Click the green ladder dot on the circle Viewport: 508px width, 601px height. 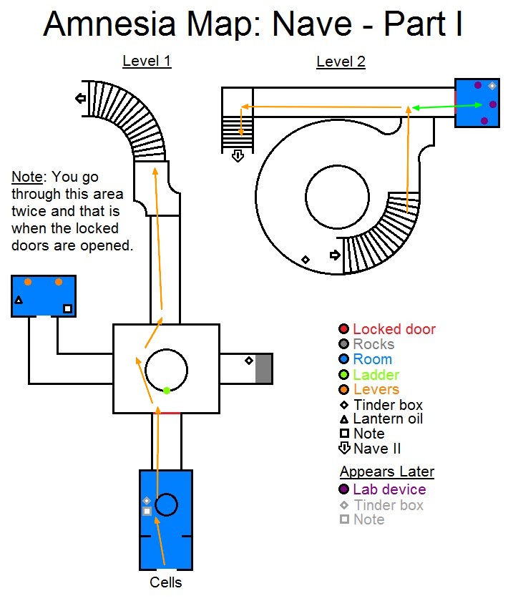point(167,390)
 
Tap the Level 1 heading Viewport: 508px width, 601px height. point(147,62)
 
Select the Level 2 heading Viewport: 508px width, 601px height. point(341,62)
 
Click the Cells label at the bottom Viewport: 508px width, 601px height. point(166,582)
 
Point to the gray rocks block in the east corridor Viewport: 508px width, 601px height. point(264,368)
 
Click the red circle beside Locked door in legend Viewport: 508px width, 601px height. point(344,330)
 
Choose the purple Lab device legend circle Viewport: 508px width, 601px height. point(344,489)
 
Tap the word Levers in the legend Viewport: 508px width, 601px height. point(376,389)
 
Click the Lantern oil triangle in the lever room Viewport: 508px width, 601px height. point(19,300)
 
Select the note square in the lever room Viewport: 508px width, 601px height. point(67,308)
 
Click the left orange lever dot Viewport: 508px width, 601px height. point(28,282)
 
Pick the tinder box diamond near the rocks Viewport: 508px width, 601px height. point(248,361)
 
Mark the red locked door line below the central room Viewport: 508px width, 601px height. point(170,413)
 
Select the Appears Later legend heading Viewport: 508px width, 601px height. point(387,471)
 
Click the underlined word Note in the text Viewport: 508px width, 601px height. point(26,177)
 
